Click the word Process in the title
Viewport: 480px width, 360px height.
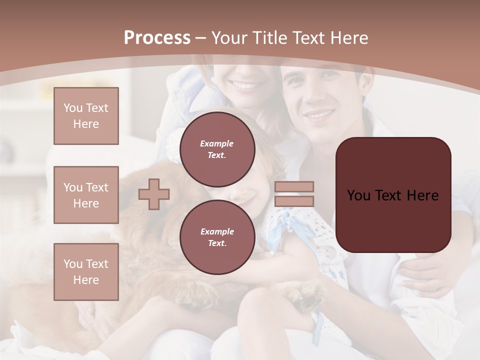pos(157,37)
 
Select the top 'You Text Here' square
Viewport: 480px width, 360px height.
pos(86,116)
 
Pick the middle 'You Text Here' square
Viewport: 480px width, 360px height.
pos(86,195)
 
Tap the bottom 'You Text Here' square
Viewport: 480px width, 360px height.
pos(86,272)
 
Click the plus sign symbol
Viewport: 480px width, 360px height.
pos(154,193)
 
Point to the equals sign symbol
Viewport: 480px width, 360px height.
pos(294,194)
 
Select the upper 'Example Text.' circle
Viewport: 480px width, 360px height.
pos(217,149)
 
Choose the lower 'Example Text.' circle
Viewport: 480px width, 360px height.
pos(217,237)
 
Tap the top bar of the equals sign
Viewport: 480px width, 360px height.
pos(294,187)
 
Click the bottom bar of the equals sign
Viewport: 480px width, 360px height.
pos(294,201)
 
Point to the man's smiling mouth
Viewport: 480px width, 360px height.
pos(320,114)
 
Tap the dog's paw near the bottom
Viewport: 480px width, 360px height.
pos(305,295)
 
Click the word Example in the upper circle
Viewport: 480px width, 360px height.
pos(217,143)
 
